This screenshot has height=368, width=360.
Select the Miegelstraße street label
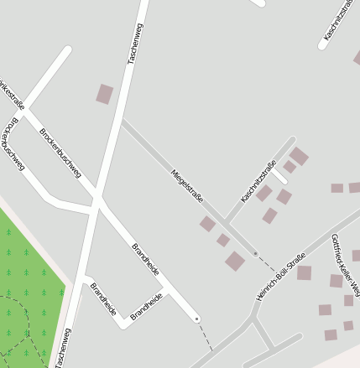coord(188,185)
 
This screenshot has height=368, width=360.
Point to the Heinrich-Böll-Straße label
coord(279,276)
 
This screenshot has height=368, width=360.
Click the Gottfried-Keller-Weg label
coord(345,265)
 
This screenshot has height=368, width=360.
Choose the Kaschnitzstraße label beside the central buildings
coord(258,181)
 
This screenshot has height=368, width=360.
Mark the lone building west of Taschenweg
coord(105,94)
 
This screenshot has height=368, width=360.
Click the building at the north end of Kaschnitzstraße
coord(299,157)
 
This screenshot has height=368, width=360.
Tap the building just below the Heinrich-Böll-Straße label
coord(304,272)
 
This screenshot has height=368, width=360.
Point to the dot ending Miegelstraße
coord(255,252)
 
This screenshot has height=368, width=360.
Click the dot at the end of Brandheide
coord(196,319)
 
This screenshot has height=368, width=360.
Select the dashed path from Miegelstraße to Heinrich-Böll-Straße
coord(266,262)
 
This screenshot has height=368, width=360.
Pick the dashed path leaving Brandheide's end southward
coord(205,334)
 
